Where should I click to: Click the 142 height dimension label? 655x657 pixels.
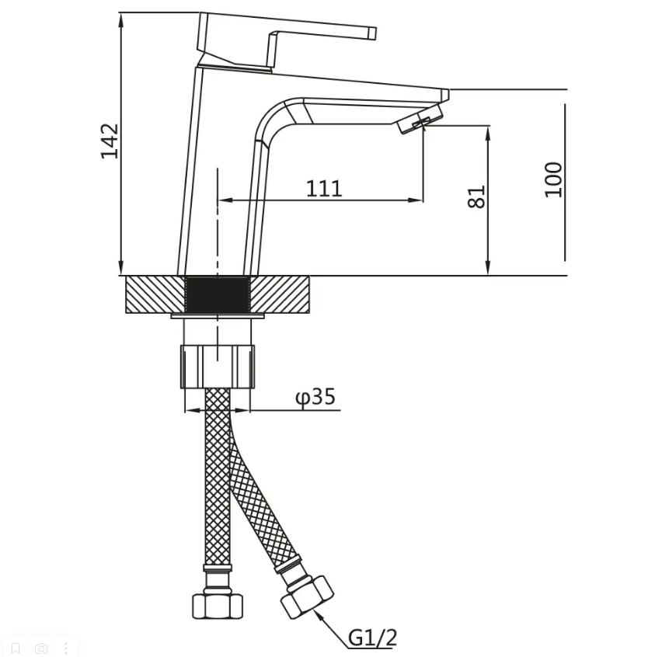point(110,141)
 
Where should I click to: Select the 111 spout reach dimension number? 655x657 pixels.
point(324,189)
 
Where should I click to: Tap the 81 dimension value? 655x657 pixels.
point(476,196)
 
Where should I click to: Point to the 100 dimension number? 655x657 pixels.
point(553,179)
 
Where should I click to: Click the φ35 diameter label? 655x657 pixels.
point(315,396)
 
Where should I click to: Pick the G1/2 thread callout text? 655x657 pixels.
point(372,638)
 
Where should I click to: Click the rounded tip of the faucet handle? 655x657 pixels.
point(372,33)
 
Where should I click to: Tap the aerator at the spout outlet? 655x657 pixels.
point(420,119)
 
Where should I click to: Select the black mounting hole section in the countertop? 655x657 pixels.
point(218,294)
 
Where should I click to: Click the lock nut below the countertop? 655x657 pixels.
point(218,367)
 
